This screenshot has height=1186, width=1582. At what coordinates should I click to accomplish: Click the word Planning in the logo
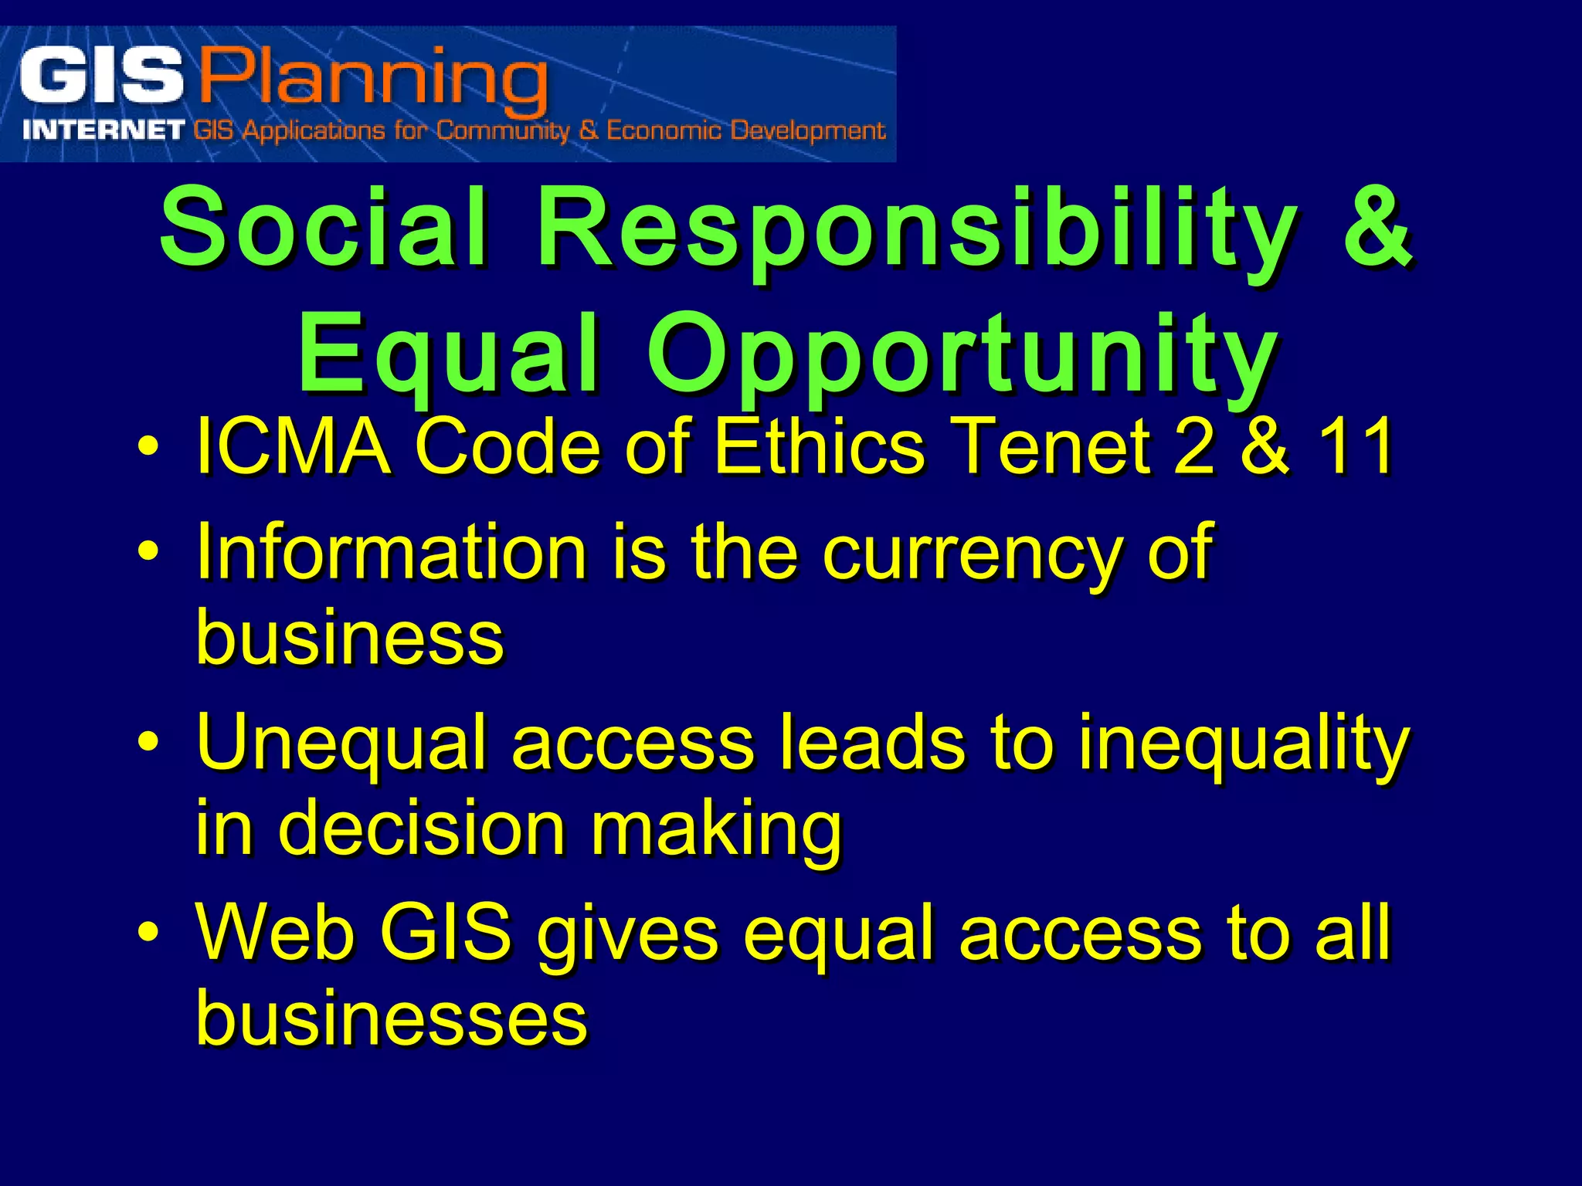(374, 79)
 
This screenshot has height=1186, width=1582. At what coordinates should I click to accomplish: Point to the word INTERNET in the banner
(104, 130)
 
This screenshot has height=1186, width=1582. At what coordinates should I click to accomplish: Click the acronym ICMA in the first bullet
(294, 446)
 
